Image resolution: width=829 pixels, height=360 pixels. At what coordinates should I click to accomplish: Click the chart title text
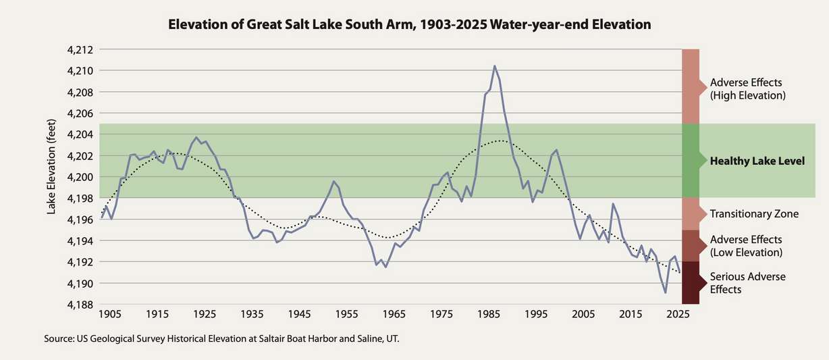410,25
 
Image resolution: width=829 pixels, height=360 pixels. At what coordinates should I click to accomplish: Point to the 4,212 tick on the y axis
78,50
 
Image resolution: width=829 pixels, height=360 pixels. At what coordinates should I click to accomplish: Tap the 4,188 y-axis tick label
78,305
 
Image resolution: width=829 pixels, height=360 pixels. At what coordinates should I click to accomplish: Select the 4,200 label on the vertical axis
78,177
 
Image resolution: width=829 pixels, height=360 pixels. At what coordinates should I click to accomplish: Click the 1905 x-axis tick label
109,314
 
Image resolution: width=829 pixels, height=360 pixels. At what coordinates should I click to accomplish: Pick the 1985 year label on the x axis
488,314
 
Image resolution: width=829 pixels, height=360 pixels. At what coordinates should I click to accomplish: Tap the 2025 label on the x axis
677,314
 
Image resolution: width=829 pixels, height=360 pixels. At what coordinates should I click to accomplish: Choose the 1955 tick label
346,314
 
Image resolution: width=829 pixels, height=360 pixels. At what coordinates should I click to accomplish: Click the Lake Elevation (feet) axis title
51,176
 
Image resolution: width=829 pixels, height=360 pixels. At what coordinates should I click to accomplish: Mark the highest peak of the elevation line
495,66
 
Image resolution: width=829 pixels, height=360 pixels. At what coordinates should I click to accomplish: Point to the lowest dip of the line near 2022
665,292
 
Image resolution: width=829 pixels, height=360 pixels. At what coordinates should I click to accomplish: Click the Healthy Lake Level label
757,161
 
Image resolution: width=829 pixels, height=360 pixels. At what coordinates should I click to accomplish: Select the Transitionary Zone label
754,214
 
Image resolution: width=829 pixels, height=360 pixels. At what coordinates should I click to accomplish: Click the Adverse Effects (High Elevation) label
747,89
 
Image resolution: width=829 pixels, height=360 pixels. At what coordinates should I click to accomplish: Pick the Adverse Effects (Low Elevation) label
746,246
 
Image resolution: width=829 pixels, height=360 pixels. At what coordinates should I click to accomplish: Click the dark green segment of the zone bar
690,161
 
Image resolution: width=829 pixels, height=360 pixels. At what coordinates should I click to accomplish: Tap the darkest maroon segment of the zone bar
690,283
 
